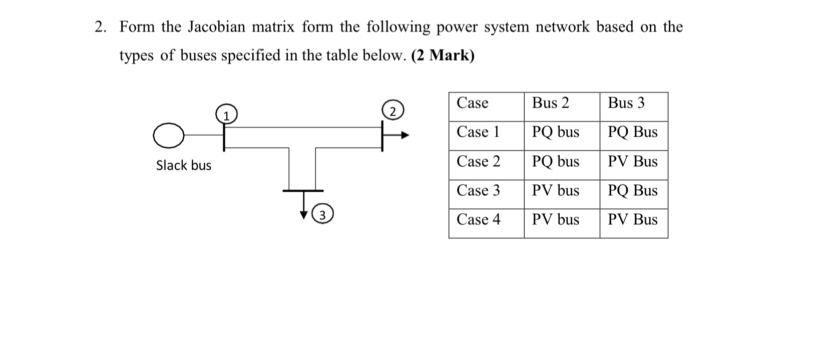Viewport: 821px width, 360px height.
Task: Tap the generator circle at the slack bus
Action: point(169,136)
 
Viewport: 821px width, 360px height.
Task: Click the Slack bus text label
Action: point(184,165)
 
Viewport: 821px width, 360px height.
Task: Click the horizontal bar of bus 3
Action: point(303,191)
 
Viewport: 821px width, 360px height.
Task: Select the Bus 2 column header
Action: point(550,103)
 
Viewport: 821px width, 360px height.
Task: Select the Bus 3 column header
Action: point(626,103)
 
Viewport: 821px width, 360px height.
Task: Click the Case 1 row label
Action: point(478,132)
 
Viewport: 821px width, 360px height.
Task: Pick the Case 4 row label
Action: point(478,220)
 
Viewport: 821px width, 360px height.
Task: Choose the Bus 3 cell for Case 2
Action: point(632,162)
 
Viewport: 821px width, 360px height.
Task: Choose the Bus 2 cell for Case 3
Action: point(555,191)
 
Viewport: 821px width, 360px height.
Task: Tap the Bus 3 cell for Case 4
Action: point(632,220)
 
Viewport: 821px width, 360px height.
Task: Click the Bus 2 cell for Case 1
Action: point(555,132)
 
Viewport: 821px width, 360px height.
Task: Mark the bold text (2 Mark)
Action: point(443,56)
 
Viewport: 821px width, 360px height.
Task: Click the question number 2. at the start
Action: point(101,27)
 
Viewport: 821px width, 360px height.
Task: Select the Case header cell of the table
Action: point(472,103)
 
